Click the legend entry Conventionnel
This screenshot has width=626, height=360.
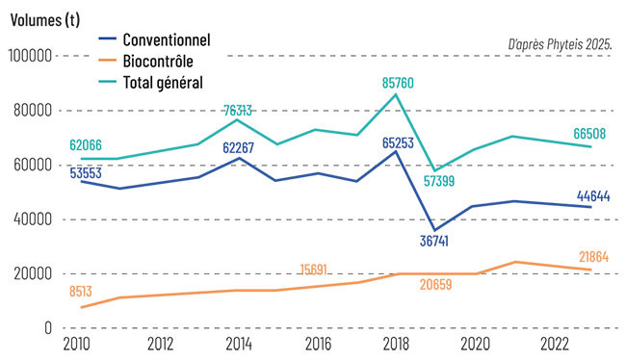pos(167,39)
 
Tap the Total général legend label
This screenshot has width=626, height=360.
pos(164,82)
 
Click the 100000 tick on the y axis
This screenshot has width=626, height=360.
pos(29,56)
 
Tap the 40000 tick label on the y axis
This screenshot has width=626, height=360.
pos(32,219)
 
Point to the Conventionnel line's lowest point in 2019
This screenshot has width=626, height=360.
pos(434,230)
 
